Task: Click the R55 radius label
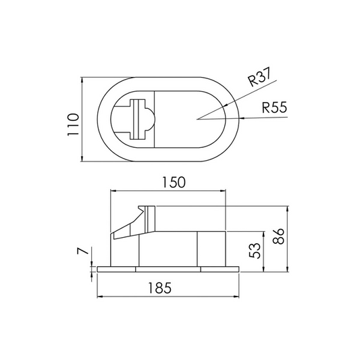tap(275, 107)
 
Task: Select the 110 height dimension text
tap(73, 125)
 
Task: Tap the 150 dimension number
tap(174, 182)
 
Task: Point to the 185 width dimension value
tap(160, 288)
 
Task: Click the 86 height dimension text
tap(278, 236)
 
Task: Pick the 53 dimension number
tap(255, 251)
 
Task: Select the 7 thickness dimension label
tap(83, 251)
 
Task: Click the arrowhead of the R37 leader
tap(225, 105)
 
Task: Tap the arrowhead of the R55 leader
tap(242, 118)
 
